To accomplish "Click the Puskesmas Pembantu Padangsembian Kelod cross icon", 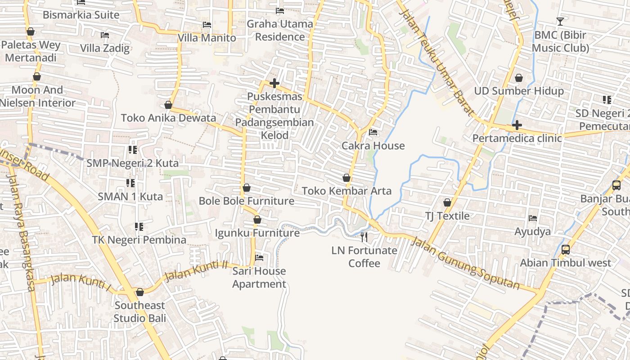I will (274, 83).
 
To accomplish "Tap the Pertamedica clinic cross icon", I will (517, 125).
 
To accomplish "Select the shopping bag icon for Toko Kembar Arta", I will (346, 178).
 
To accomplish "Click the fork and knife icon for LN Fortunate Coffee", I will (364, 237).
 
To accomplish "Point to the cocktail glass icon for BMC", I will (560, 21).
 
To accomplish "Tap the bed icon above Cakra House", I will (373, 132).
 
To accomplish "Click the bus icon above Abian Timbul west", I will (566, 250).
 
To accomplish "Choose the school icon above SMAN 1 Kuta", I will (130, 183).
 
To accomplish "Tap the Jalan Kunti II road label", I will (195, 270).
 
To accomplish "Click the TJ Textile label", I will (447, 216).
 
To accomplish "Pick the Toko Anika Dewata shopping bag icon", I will (168, 105).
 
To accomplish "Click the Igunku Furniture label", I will (257, 233).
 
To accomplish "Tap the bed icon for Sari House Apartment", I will (259, 258).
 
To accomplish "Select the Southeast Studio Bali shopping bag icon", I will (140, 292).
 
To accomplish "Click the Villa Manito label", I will (207, 38).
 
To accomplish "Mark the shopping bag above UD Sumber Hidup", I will (519, 78).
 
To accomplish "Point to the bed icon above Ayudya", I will (533, 219).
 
